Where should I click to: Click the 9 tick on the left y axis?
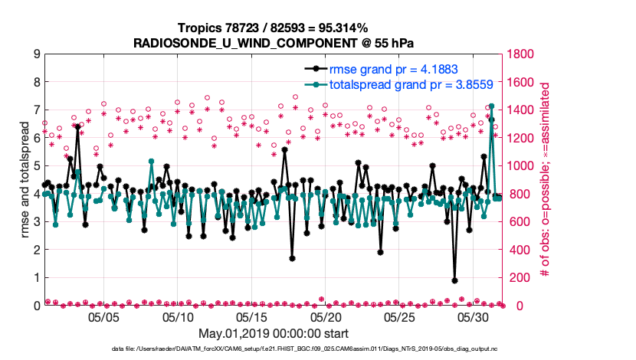point(36,54)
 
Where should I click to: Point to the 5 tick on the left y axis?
point(36,166)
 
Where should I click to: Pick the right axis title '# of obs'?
point(546,180)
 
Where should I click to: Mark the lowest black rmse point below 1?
point(454,280)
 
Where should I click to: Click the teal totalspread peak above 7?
point(491,106)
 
